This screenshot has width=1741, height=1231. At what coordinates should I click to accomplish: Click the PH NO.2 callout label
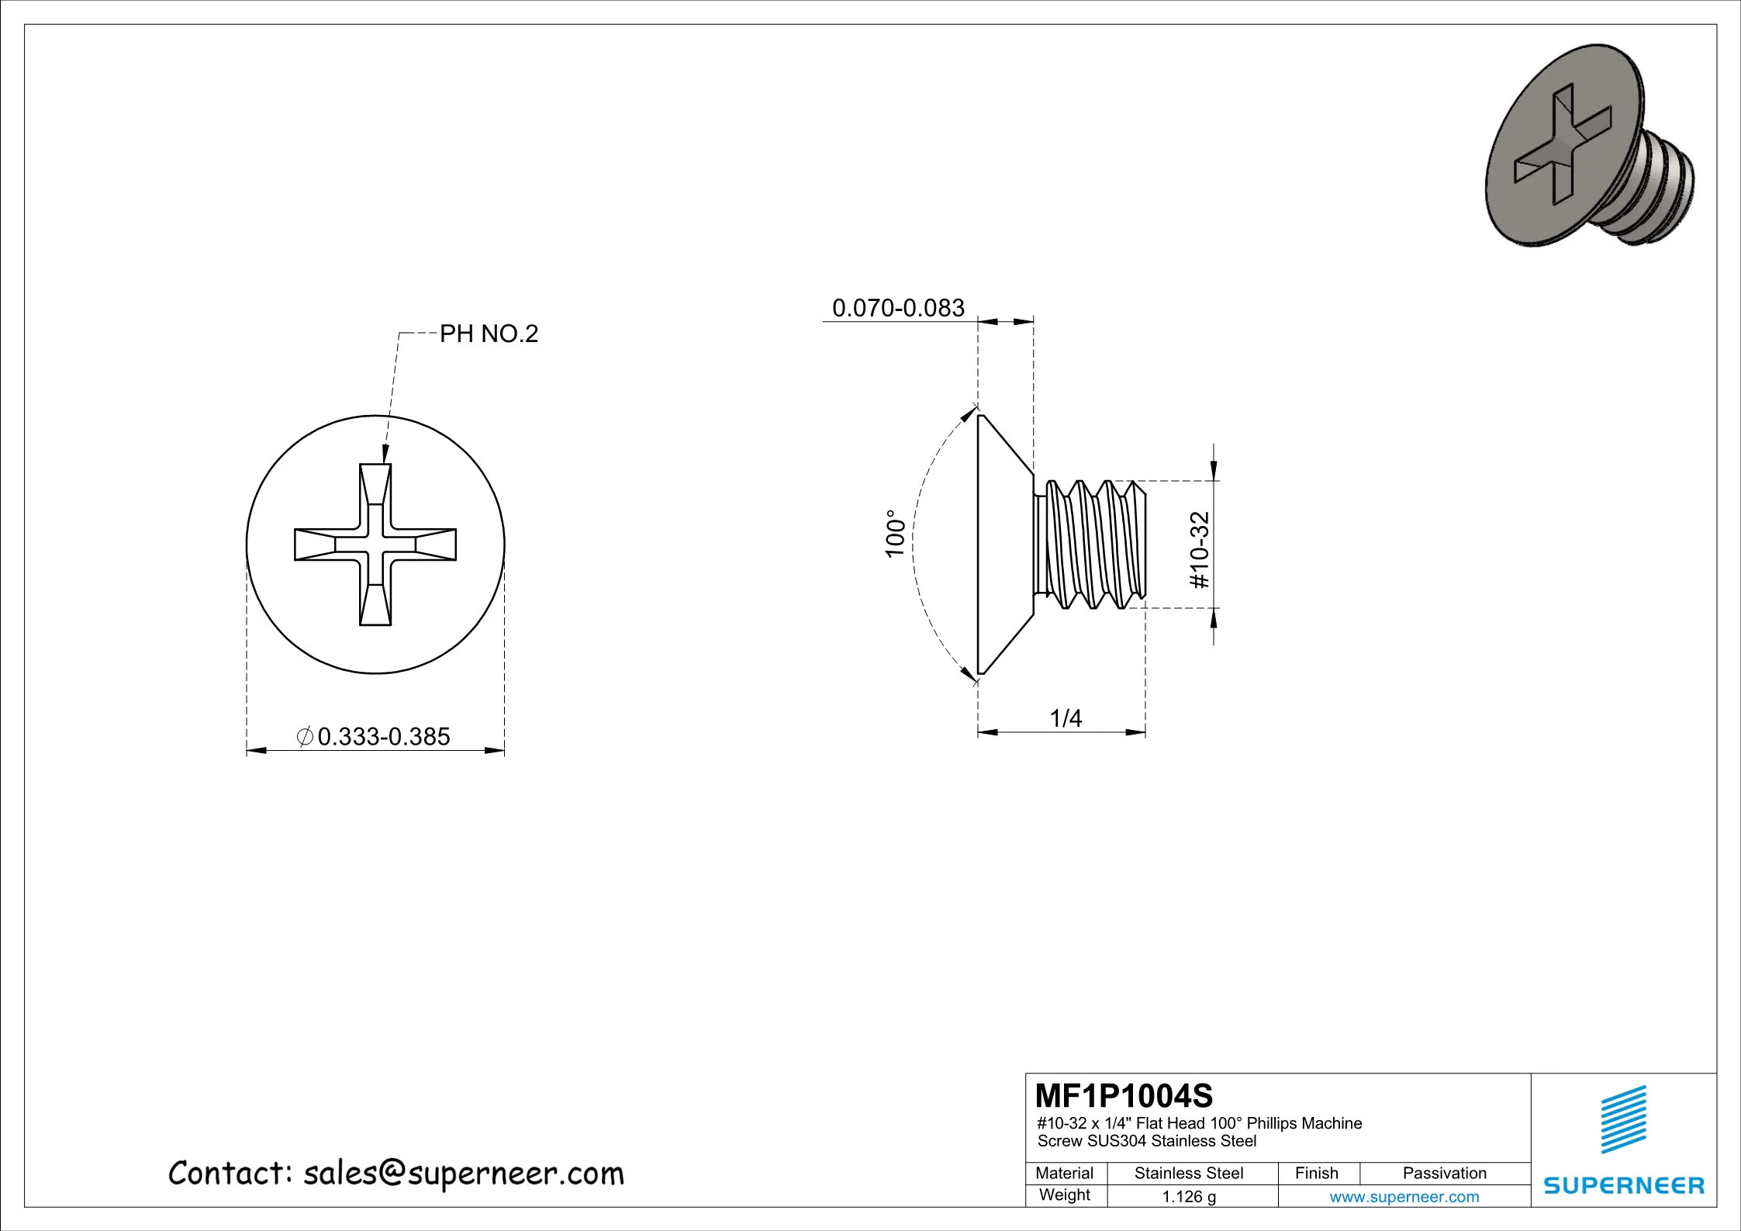489,334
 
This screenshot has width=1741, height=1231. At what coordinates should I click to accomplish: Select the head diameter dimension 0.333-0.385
383,736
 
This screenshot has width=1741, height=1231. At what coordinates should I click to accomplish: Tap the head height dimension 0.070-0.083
898,308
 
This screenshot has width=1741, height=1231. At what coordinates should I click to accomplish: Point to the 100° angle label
895,534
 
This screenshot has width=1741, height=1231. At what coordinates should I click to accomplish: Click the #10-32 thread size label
1200,550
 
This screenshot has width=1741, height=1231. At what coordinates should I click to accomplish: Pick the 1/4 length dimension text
1066,718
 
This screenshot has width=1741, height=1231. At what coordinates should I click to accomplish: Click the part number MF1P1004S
1124,1096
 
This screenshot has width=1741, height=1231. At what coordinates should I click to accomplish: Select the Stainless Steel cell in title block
1188,1173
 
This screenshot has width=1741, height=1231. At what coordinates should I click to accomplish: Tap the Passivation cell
1444,1173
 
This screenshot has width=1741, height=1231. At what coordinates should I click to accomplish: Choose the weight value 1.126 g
1188,1196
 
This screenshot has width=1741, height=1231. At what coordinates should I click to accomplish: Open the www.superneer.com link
1404,1196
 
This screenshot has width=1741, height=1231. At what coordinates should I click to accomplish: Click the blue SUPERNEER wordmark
1624,1185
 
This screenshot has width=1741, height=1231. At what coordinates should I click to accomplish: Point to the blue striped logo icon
1624,1119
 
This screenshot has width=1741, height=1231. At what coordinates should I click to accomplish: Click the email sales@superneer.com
463,1174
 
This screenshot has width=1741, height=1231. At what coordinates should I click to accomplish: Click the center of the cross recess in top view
375,545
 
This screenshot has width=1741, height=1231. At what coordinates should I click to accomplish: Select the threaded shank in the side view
1093,544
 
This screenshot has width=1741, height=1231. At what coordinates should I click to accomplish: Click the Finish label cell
1316,1173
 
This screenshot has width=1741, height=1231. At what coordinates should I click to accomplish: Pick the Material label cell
1064,1173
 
